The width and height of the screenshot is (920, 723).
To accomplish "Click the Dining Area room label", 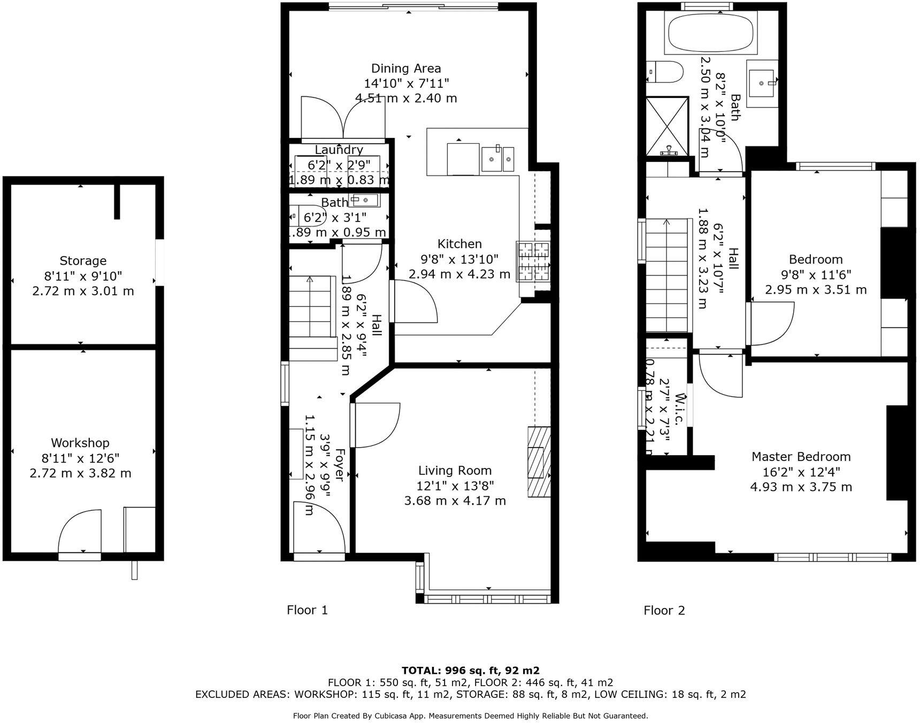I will point(406,68).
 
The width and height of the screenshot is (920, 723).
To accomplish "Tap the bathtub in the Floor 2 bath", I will point(711,33).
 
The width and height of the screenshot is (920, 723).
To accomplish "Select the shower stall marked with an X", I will point(666,126).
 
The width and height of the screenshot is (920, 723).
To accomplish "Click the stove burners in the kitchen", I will point(533,261).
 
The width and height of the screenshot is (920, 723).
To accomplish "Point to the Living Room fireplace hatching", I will point(539,462).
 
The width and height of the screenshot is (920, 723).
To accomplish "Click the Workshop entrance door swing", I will point(79,532).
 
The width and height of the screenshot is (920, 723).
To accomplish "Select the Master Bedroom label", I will point(801,457).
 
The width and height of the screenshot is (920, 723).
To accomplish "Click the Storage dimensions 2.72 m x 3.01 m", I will point(83,291).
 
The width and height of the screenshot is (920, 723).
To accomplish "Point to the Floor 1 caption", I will point(307,610).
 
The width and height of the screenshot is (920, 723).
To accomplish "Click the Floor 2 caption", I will point(664,610).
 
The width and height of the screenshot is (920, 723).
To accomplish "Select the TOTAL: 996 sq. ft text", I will point(470,671).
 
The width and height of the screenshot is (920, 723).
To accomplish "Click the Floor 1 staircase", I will point(311,310).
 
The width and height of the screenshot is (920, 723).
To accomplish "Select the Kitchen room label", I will point(459,244).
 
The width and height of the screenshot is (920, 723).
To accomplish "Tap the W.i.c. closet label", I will point(679,410).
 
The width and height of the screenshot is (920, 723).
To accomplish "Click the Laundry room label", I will point(339,150).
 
